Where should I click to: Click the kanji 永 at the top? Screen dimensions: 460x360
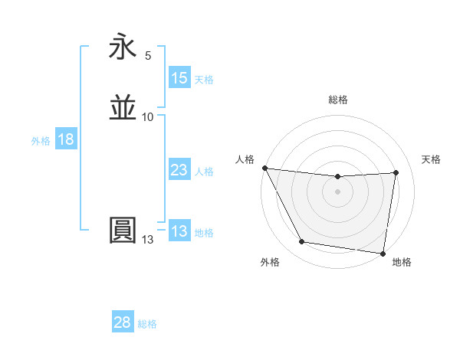[123, 48]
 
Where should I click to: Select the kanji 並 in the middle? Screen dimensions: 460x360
[123, 108]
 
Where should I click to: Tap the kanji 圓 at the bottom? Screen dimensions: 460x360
[123, 230]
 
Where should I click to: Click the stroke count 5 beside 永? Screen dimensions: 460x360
[148, 56]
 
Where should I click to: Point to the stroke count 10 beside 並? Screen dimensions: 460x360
[148, 116]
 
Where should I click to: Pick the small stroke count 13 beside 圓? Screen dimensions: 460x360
[147, 240]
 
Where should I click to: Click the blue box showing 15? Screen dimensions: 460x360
[179, 78]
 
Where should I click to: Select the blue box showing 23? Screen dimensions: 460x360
[179, 170]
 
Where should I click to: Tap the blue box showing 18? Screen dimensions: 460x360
[65, 139]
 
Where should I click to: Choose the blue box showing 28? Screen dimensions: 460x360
[123, 322]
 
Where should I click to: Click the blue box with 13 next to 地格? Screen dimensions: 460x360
[179, 231]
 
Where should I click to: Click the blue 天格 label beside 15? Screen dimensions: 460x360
[204, 80]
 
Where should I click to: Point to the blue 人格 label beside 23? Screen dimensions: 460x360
[204, 172]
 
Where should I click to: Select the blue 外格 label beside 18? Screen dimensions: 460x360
[41, 141]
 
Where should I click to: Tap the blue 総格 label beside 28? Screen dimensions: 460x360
[147, 324]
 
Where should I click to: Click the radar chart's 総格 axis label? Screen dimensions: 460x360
[338, 100]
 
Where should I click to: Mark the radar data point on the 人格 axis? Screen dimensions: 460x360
[264, 168]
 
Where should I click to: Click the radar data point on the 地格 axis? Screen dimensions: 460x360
[383, 253]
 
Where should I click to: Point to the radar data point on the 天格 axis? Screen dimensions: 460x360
[396, 173]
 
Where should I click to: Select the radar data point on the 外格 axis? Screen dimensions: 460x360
[301, 243]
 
